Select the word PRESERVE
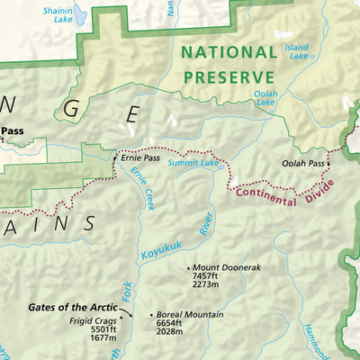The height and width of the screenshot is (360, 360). click(229, 77)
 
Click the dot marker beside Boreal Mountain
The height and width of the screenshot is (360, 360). click(152, 315)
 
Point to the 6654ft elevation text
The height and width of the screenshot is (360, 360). click(176, 324)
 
